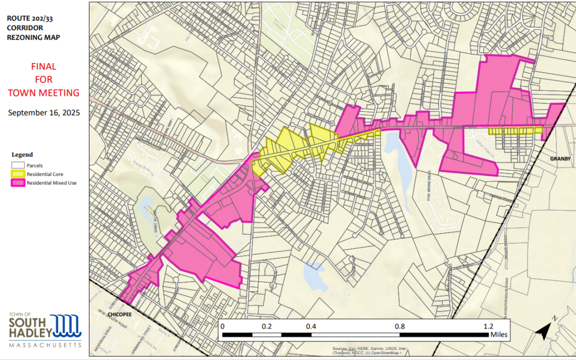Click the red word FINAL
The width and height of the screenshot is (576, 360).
pyautogui.click(x=44, y=67)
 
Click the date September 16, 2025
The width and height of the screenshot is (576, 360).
pyautogui.click(x=44, y=113)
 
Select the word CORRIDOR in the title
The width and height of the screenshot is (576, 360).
pyautogui.click(x=26, y=27)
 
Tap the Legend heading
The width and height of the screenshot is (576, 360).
pyautogui.click(x=22, y=155)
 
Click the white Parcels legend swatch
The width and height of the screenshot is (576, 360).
pyautogui.click(x=18, y=165)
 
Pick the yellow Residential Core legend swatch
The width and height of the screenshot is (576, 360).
pyautogui.click(x=18, y=174)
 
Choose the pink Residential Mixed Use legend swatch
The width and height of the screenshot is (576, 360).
pyautogui.click(x=18, y=183)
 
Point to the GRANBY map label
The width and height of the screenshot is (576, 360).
pyautogui.click(x=561, y=158)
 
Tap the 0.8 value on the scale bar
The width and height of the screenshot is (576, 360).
pyautogui.click(x=399, y=326)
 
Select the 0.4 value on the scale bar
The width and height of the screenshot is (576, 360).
pyautogui.click(x=311, y=326)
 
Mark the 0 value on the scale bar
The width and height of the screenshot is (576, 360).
pyautogui.click(x=222, y=326)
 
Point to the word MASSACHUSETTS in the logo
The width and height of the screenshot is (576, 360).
pyautogui.click(x=45, y=345)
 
